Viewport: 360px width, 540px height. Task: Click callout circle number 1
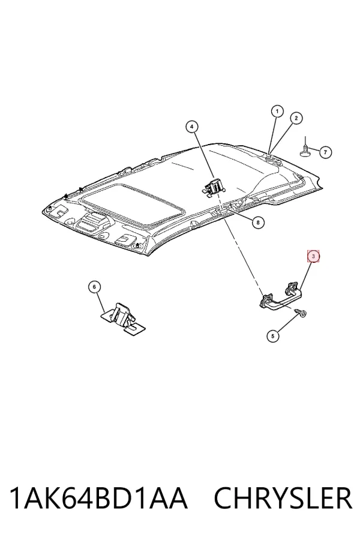pos(277,111)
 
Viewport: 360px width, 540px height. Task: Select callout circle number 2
pos(296,118)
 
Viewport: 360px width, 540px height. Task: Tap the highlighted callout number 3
pos(313,256)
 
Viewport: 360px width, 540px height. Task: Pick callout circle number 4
pos(192,127)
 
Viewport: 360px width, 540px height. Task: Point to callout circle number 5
pos(273,336)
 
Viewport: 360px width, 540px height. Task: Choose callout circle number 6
pos(94,287)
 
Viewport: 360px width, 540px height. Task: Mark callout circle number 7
pos(326,152)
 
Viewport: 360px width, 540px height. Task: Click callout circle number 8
pos(258,223)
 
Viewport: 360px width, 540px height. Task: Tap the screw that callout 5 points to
pos(301,313)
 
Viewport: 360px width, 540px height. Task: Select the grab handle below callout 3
pos(280,295)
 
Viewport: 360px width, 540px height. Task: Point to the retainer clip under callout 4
pos(214,188)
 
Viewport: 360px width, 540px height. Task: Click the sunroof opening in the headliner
pos(133,204)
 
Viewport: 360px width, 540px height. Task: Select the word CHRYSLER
pos(283,498)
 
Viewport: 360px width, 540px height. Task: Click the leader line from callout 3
pos(306,276)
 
